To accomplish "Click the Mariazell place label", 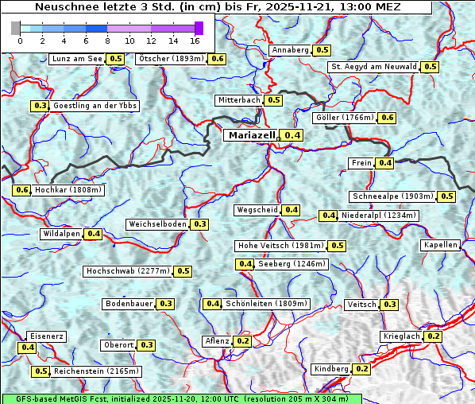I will (250, 135).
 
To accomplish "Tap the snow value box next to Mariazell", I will (292, 135).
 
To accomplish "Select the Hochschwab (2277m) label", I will (127, 271).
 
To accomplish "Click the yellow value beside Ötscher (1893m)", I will (217, 59).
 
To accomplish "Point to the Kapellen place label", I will (440, 245).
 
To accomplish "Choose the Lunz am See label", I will (76, 59).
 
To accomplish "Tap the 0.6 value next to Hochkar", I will (21, 190).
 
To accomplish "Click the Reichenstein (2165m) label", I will (97, 371).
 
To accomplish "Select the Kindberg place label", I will (331, 369).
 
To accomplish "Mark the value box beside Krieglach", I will (433, 336).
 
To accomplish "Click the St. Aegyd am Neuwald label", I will (373, 67).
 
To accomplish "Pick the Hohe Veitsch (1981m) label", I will (280, 246).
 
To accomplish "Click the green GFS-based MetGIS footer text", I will (181, 398).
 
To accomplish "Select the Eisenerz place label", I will (45, 336).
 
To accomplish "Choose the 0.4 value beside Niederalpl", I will (328, 216).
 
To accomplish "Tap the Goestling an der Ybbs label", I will (95, 106).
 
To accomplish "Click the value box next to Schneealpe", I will (447, 196).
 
